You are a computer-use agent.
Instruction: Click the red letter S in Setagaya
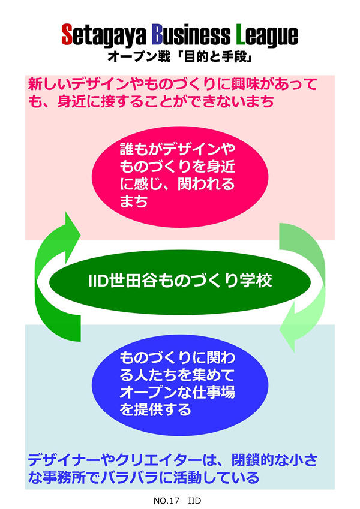pos(68,35)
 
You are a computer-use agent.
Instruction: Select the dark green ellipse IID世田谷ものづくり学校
pos(180,281)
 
